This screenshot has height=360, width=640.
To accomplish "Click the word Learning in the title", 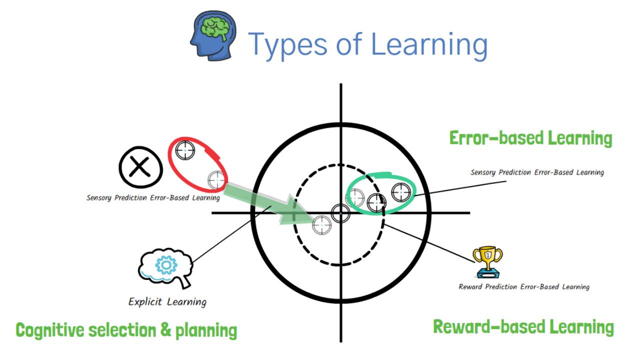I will [x=429, y=43].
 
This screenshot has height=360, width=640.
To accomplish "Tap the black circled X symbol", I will [x=140, y=167].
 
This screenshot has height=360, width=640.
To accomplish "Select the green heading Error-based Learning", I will [x=530, y=138].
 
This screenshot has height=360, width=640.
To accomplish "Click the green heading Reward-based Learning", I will [x=523, y=327].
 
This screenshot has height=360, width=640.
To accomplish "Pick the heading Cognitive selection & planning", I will [x=126, y=330].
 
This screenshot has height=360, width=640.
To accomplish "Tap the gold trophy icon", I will [x=488, y=261].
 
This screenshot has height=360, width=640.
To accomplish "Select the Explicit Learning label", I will [x=167, y=301].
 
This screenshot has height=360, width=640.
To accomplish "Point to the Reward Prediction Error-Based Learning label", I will [x=524, y=287].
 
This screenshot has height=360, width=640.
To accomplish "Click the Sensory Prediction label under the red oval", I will [x=153, y=197].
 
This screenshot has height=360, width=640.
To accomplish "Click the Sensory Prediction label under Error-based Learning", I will [x=537, y=172].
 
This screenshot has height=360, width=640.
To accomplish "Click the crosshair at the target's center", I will [x=341, y=213].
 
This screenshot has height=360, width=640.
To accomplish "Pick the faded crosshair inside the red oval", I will [x=216, y=178].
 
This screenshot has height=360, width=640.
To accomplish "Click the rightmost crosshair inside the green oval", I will [x=401, y=192].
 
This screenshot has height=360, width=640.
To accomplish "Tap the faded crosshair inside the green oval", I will [x=355, y=197].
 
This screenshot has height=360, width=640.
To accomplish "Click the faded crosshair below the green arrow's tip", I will [x=322, y=225].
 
